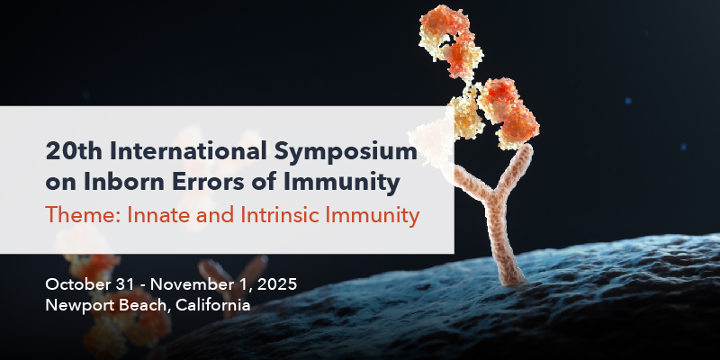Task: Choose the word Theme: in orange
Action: coord(83,215)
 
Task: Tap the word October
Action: coord(76,284)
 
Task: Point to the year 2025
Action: coord(277,284)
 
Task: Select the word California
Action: coord(213,305)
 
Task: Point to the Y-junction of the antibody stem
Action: coord(496,199)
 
